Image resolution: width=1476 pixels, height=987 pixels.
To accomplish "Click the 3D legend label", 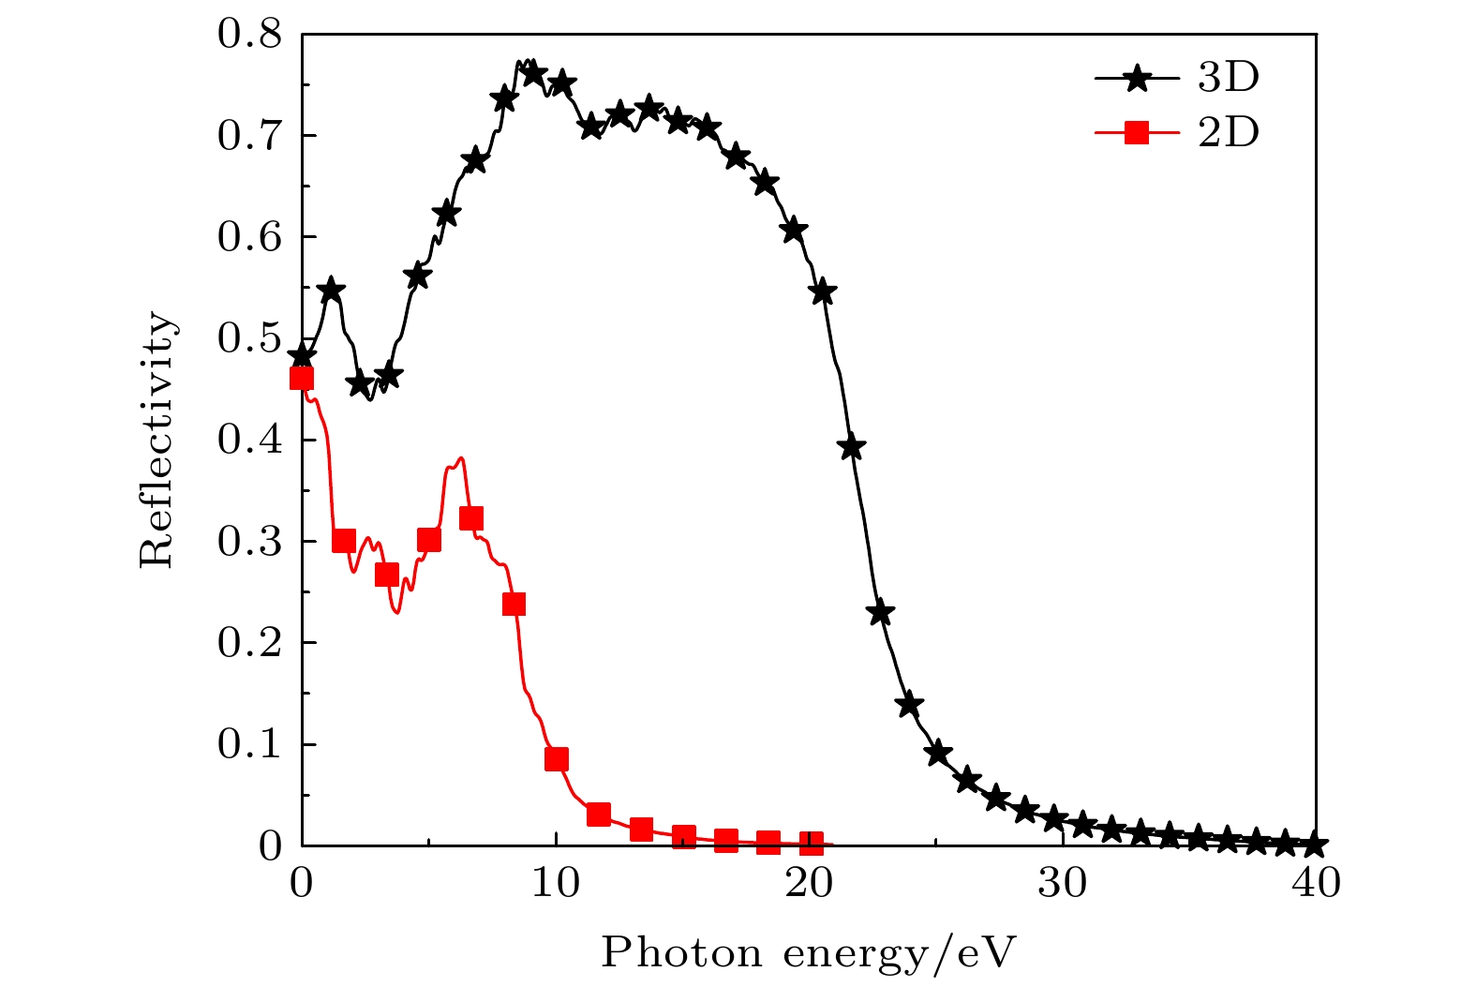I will (1228, 79).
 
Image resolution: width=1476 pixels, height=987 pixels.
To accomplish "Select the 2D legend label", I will (1228, 133).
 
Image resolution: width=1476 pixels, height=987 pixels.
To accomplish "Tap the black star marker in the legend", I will (1137, 79).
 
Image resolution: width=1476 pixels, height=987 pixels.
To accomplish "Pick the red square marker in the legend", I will (1137, 133).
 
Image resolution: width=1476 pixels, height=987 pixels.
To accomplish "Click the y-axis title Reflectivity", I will (157, 441).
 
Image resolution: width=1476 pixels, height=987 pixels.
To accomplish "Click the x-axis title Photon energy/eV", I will (808, 953).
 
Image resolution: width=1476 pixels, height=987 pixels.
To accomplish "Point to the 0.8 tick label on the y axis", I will (249, 36).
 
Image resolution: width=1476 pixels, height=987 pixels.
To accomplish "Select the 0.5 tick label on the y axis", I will (249, 339).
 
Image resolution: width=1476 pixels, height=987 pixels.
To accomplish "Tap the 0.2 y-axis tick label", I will (249, 643).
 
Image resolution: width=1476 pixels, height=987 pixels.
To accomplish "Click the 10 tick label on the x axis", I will (556, 883).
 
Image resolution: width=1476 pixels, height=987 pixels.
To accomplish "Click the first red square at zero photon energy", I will (302, 379).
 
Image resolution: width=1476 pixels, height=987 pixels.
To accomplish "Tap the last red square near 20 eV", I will (812, 844).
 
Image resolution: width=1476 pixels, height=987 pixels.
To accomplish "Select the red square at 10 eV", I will (557, 759).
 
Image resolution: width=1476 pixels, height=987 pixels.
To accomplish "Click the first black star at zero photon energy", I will (302, 356).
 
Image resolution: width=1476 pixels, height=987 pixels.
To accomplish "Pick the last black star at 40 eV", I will (1314, 844).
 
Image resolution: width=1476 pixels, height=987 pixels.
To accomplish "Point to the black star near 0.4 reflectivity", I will (852, 447).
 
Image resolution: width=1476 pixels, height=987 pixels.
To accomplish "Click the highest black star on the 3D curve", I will (533, 73).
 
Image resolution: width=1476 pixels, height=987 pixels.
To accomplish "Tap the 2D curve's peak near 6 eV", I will (459, 458).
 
